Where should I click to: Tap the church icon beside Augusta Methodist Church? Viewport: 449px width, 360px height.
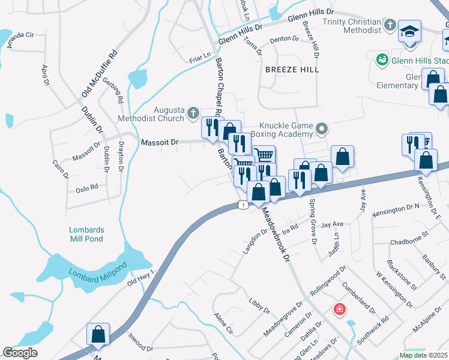click(193, 112)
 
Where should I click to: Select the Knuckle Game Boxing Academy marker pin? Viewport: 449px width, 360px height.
click(322, 128)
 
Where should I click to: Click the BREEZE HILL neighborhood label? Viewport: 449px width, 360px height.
click(292, 70)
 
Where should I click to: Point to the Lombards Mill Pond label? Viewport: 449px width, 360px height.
click(86, 234)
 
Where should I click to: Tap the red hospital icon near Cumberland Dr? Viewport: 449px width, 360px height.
click(340, 310)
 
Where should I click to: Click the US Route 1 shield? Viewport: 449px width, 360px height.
click(242, 205)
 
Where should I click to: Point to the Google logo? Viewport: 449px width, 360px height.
click(20, 353)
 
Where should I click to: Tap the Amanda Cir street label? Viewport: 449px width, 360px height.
click(20, 35)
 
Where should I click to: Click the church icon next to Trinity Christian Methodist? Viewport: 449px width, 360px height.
click(390, 26)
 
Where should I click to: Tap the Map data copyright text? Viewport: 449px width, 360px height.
click(423, 355)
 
